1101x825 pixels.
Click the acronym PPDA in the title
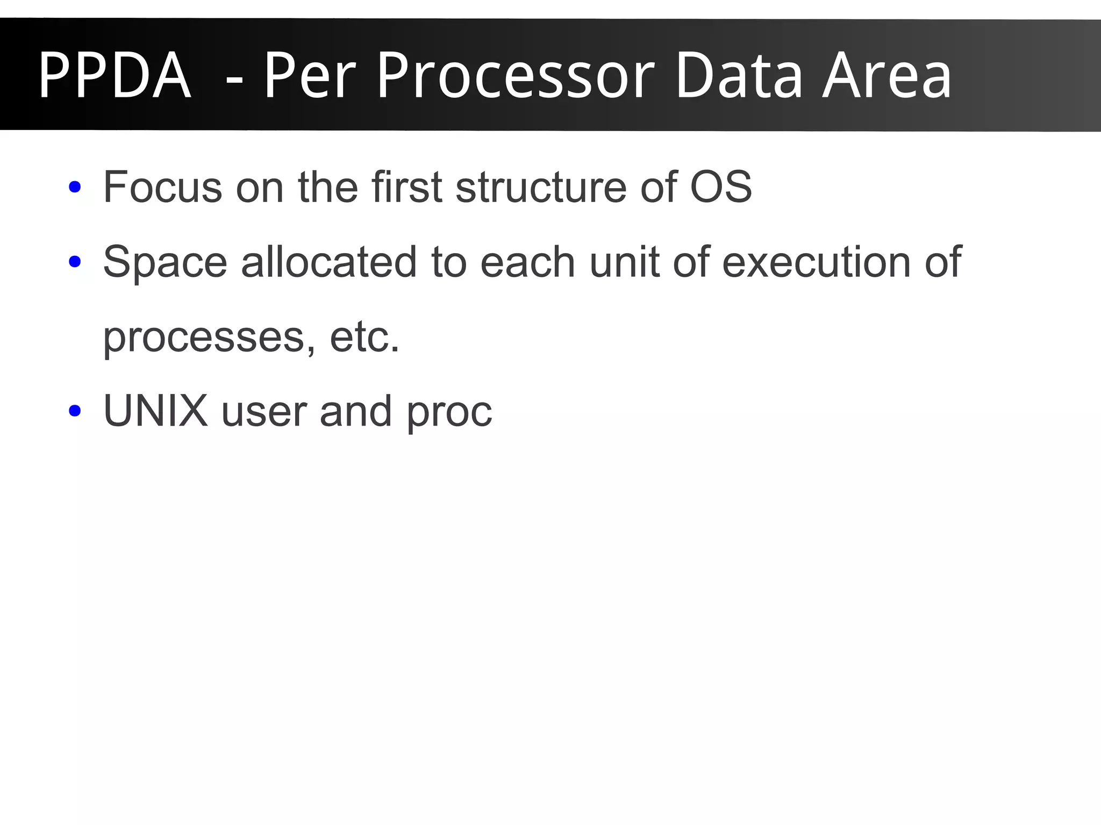coord(115,75)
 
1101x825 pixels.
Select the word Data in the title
coord(739,75)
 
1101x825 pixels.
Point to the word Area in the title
coord(887,75)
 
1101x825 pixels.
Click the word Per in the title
coord(311,75)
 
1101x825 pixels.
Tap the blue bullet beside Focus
coord(75,188)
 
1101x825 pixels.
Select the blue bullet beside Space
coord(75,262)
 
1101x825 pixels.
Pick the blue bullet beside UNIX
coord(75,412)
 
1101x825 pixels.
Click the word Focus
coord(162,186)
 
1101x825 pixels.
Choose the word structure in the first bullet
coord(541,186)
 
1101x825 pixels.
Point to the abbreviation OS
coord(721,186)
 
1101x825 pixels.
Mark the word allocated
coord(329,262)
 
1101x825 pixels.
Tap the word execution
coord(816,262)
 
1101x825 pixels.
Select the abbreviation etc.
coord(365,337)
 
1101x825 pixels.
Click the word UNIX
coord(155,411)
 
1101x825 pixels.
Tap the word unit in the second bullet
coord(624,262)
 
